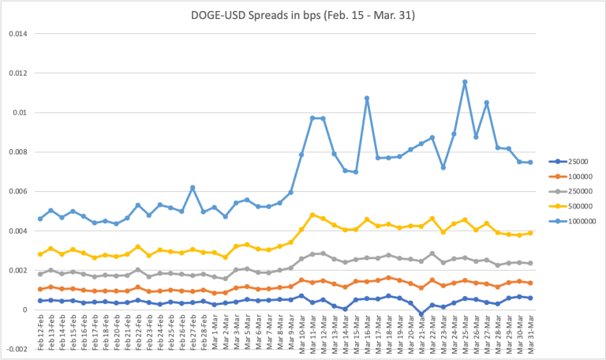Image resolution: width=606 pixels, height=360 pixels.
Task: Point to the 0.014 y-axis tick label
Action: tap(17, 34)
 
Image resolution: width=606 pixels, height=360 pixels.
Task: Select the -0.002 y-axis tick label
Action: tap(16, 350)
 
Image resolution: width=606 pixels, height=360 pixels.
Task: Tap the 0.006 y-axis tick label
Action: tap(17, 192)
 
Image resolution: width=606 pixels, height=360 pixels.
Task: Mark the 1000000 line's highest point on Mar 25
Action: tap(465, 81)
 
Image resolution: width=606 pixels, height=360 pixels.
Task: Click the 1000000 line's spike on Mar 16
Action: tap(367, 99)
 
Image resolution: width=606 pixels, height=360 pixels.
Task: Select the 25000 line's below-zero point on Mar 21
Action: tap(421, 313)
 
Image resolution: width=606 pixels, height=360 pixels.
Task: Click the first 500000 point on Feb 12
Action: tap(40, 254)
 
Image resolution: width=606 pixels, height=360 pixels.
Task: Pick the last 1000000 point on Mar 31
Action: tap(529, 163)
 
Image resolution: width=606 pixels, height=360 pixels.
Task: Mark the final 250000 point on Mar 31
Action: tap(529, 263)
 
